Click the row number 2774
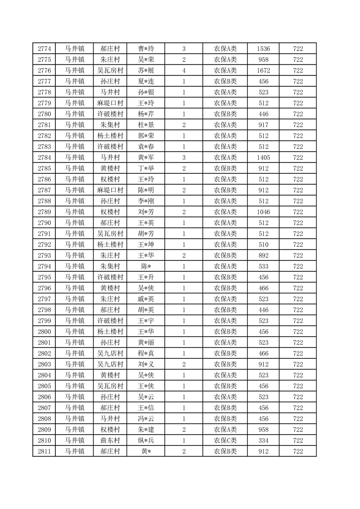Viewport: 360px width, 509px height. [44, 49]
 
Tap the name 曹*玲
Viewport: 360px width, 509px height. [146, 49]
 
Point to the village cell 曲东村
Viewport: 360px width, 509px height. [110, 440]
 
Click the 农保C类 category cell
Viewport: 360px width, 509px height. [226, 440]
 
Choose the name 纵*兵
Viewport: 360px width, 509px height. [146, 440]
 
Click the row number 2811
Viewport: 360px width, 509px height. [44, 451]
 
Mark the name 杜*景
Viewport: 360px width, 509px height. [146, 125]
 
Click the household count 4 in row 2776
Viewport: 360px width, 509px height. [184, 70]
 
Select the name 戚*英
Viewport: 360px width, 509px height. [146, 299]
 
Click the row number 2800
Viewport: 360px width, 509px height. [44, 332]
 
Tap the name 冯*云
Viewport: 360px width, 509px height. [146, 419]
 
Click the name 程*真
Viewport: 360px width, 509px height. [146, 353]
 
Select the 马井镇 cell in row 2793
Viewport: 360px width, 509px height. [74, 255]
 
